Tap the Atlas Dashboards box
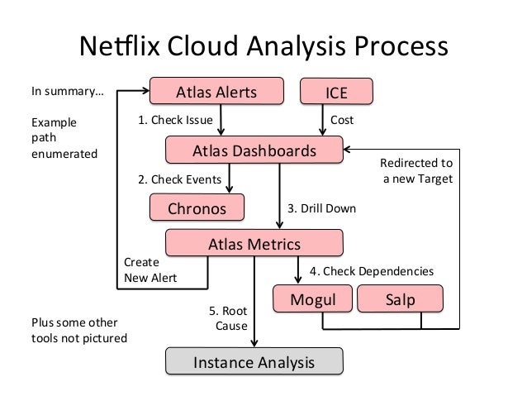(254, 151)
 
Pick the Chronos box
(197, 208)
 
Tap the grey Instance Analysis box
(254, 362)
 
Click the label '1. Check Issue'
(174, 121)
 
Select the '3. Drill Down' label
(321, 208)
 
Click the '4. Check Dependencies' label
(371, 271)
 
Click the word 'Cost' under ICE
(342, 121)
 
